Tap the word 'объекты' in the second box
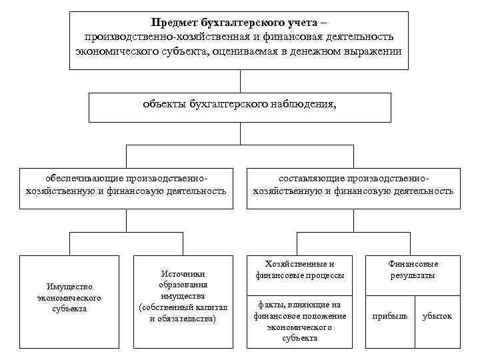pyautogui.click(x=163, y=104)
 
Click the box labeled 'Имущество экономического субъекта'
pyautogui.click(x=69, y=297)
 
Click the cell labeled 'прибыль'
pyautogui.click(x=389, y=316)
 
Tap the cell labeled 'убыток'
pyautogui.click(x=437, y=316)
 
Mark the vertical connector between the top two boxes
pyautogui.click(x=239, y=81)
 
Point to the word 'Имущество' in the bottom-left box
pyautogui.click(x=69, y=287)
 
